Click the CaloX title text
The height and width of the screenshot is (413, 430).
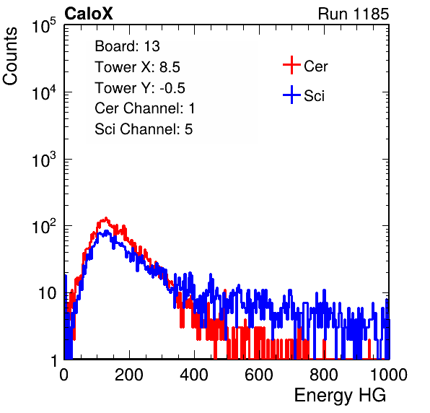tap(88, 14)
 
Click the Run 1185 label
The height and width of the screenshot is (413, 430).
tap(354, 14)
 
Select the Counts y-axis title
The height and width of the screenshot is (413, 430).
tap(10, 56)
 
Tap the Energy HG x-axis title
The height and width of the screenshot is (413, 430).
tap(340, 396)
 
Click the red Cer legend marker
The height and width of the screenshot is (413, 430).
tap(291, 65)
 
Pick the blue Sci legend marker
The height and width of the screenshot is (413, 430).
tap(291, 95)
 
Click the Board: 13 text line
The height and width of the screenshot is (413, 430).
tap(127, 46)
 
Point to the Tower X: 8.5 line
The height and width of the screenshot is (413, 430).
tap(137, 67)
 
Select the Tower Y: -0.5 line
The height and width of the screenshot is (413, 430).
tap(140, 88)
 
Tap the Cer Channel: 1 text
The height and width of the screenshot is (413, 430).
tap(145, 108)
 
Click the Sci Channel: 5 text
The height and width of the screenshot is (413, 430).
tap(144, 129)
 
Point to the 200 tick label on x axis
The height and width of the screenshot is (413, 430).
tap(129, 375)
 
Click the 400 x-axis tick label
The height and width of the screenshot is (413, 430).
tap(194, 375)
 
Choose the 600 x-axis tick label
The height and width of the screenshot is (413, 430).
tap(259, 375)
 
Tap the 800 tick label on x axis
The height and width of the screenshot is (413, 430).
tap(324, 375)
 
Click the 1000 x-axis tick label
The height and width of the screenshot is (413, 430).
tap(389, 375)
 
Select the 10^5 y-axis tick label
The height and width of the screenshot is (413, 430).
tap(44, 25)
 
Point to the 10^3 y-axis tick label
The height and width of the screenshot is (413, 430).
tap(44, 160)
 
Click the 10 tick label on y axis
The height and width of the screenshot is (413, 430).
tap(47, 293)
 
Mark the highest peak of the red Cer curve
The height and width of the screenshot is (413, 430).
tap(105, 218)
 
